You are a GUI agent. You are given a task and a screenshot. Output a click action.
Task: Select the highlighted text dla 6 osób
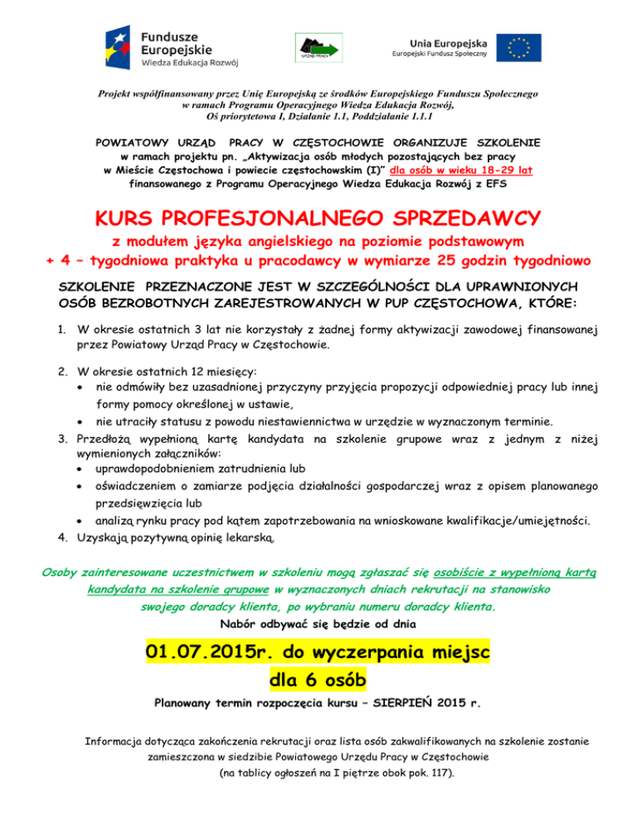pos(318,681)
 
